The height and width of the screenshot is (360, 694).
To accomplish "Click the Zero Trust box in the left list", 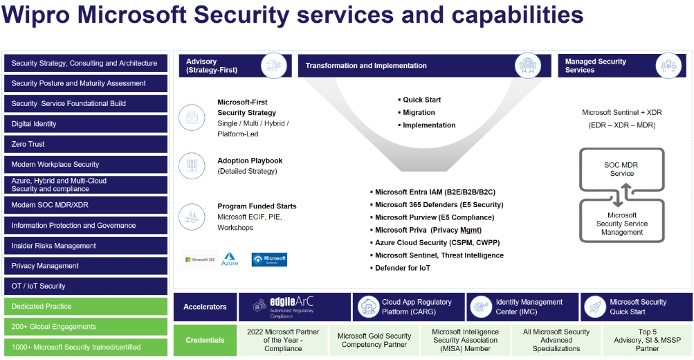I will pyautogui.click(x=86, y=144).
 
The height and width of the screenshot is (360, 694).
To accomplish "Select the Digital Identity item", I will pyautogui.click(x=86, y=124).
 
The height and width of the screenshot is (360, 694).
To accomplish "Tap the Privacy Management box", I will pyautogui.click(x=86, y=266).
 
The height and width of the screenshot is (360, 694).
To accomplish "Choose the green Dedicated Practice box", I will pyautogui.click(x=86, y=306).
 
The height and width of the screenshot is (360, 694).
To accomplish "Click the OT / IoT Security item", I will pyautogui.click(x=86, y=286).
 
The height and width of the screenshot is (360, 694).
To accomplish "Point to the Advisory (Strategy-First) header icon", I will pyautogui.click(x=273, y=66).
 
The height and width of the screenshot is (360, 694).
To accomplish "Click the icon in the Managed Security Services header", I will pyautogui.click(x=670, y=66).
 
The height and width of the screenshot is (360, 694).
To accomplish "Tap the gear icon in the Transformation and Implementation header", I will pyautogui.click(x=529, y=66).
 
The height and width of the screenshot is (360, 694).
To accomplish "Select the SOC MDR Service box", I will pyautogui.click(x=621, y=169).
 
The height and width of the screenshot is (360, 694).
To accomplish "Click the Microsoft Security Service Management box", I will pyautogui.click(x=621, y=224).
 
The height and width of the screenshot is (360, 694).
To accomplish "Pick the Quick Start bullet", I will pyautogui.click(x=421, y=100).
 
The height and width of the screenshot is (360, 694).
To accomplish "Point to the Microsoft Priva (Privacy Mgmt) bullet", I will pyautogui.click(x=428, y=230).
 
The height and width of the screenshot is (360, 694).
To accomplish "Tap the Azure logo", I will pyautogui.click(x=230, y=260).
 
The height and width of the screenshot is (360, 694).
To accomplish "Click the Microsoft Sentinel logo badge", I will pyautogui.click(x=269, y=260).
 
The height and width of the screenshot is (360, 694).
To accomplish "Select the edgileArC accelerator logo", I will pyautogui.click(x=291, y=307).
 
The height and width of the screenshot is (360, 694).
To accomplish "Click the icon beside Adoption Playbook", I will pyautogui.click(x=192, y=166).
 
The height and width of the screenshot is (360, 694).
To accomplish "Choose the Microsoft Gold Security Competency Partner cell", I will pyautogui.click(x=374, y=340).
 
